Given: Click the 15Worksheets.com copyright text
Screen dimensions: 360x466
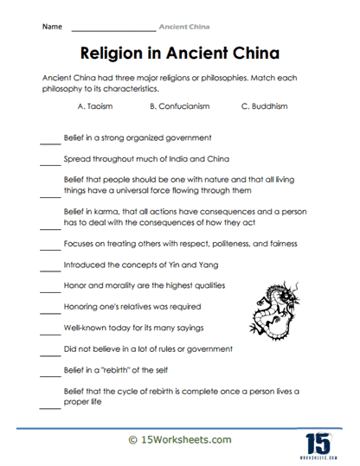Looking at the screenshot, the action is point(180,440).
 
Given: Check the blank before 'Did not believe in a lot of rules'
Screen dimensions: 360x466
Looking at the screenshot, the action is point(50,352).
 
